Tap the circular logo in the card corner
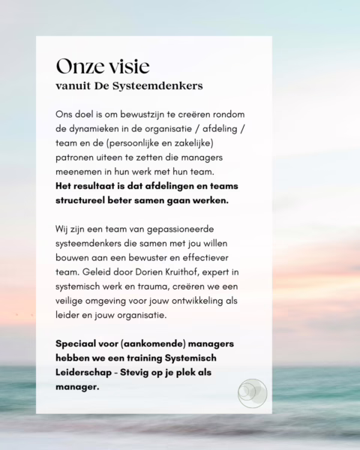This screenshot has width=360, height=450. (251, 392)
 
